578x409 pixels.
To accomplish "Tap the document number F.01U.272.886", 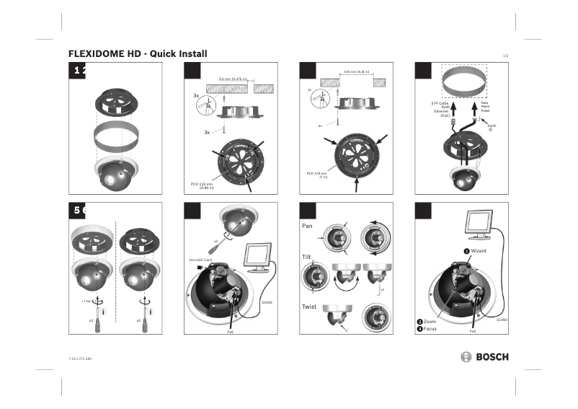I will [x=80, y=358].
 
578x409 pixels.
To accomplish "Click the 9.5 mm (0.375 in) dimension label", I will [x=233, y=79].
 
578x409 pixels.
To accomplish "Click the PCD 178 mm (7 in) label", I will [x=316, y=175].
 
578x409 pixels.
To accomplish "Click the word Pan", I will [x=306, y=226].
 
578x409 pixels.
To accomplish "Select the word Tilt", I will [x=306, y=257].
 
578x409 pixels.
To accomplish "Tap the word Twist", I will [x=308, y=307].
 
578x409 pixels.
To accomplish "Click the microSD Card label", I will [x=200, y=258].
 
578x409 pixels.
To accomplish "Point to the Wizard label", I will [x=479, y=251].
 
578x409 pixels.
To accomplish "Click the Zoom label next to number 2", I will [x=430, y=321].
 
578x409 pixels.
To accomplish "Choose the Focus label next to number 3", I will [x=430, y=329].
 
